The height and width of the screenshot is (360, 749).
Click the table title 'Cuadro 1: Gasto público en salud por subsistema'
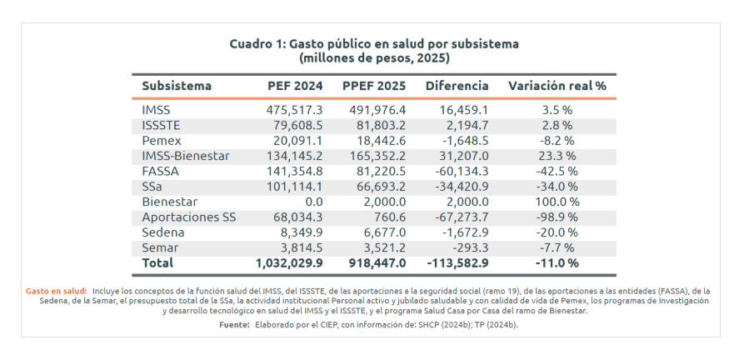click(x=374, y=43)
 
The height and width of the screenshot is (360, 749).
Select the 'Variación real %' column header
click(x=557, y=86)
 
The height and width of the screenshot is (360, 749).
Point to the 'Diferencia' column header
click(x=457, y=86)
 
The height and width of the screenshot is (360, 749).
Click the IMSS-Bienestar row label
click(x=185, y=156)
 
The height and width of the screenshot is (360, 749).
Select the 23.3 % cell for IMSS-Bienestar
click(x=557, y=156)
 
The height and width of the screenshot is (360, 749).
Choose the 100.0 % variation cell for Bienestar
click(x=557, y=202)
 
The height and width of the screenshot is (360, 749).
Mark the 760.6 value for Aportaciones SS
click(x=387, y=217)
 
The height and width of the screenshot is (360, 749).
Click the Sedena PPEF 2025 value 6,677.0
click(x=383, y=232)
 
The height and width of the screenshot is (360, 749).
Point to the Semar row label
click(x=161, y=247)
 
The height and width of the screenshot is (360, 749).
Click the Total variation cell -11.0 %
click(x=557, y=263)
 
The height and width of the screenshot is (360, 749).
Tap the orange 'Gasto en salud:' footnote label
click(x=56, y=290)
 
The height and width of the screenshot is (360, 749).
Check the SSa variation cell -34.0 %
click(x=557, y=187)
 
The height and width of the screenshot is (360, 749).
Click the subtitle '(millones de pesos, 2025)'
click(x=374, y=58)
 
